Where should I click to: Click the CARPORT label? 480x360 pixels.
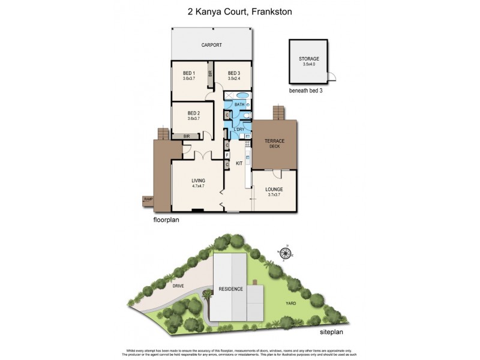click(x=212, y=45)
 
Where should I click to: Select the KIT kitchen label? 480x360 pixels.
click(x=238, y=163)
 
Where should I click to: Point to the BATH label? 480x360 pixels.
click(x=239, y=105)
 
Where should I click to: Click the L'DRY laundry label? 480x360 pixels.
click(x=239, y=130)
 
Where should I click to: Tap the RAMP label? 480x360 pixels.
click(x=148, y=199)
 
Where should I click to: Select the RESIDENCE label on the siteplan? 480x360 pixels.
click(x=230, y=289)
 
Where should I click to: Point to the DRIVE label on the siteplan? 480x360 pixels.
click(x=178, y=286)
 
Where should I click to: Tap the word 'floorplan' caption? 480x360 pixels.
click(x=166, y=220)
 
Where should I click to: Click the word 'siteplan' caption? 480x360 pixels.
click(x=334, y=332)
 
